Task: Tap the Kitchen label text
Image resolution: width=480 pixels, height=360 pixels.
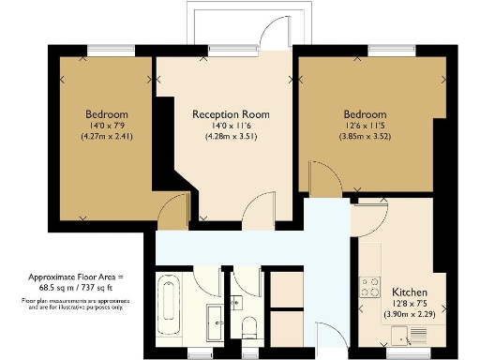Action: click(x=411, y=292)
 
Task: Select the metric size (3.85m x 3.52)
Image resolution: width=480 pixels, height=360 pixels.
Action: click(x=365, y=136)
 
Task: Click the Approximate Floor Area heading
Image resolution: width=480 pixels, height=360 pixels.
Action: click(x=75, y=278)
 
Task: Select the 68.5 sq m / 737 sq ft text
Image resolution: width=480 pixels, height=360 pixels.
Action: click(x=75, y=289)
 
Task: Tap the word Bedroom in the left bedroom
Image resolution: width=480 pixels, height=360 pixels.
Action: click(x=106, y=115)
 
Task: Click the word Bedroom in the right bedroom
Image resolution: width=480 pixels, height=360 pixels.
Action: click(x=365, y=114)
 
